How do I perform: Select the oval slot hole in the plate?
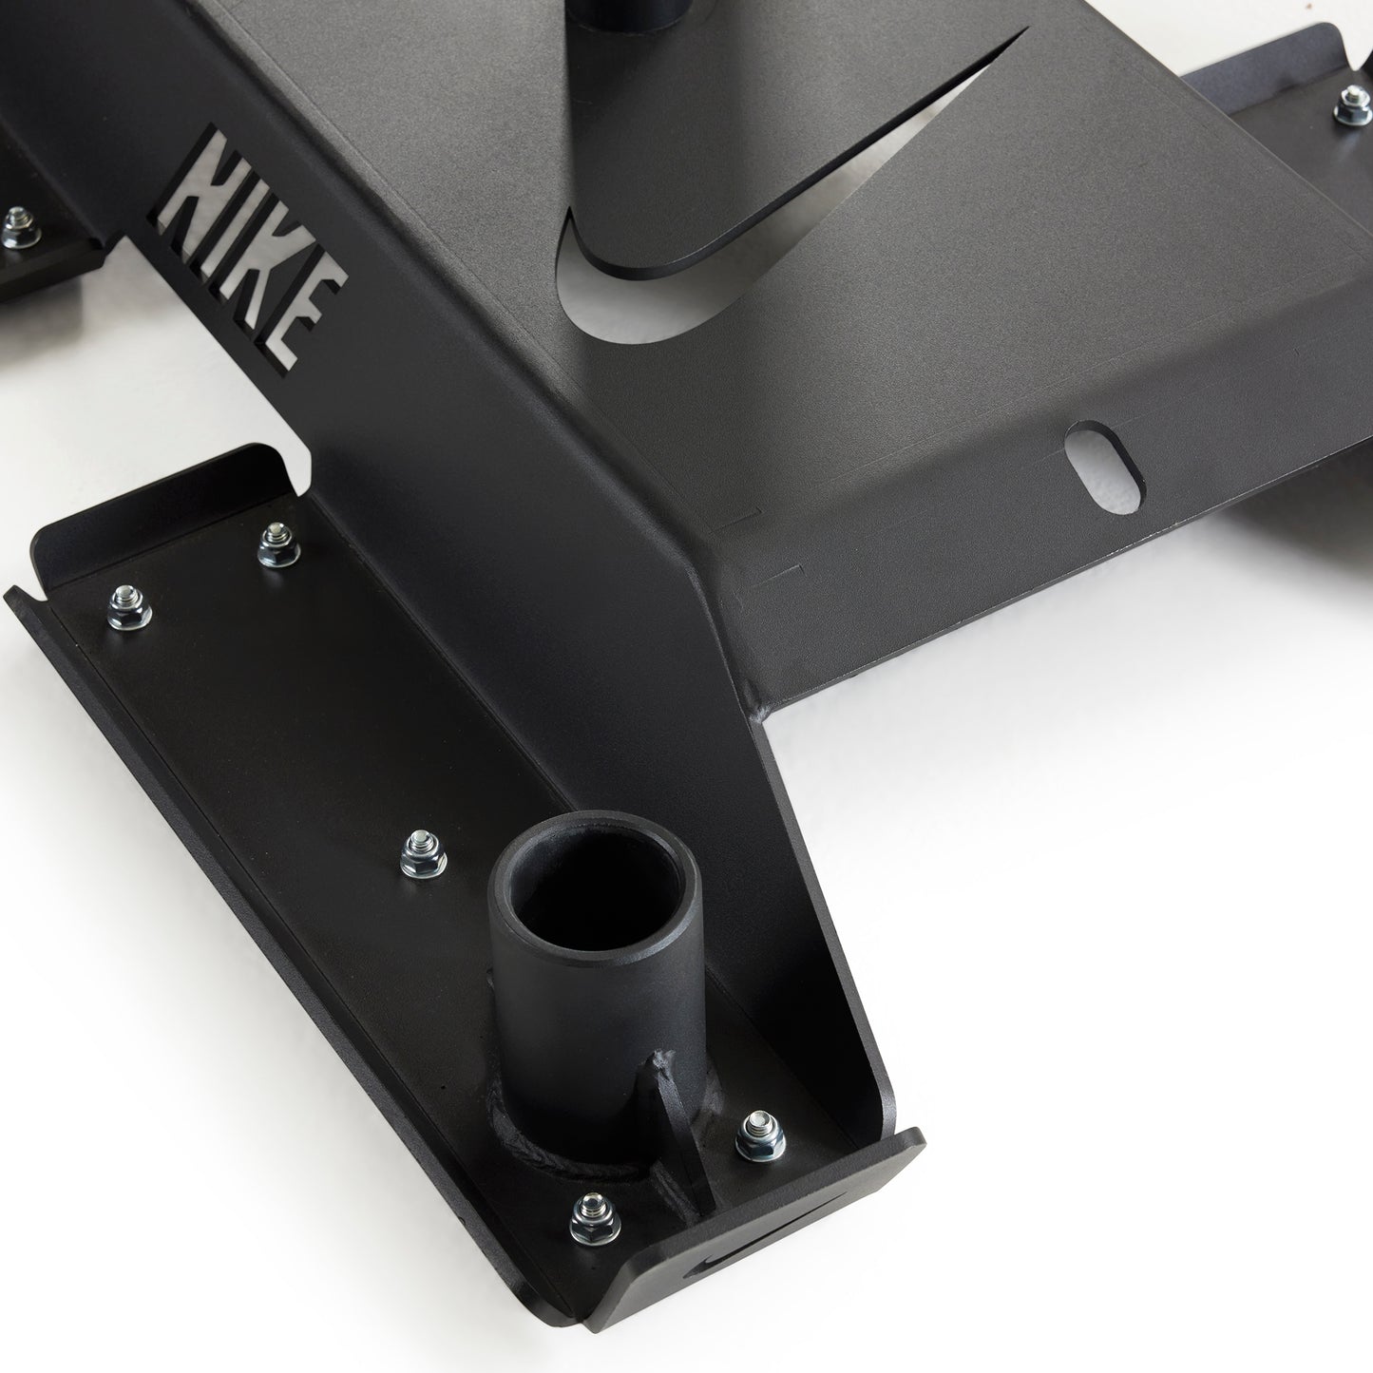(x=1104, y=467)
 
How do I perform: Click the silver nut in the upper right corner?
(x=1352, y=105)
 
